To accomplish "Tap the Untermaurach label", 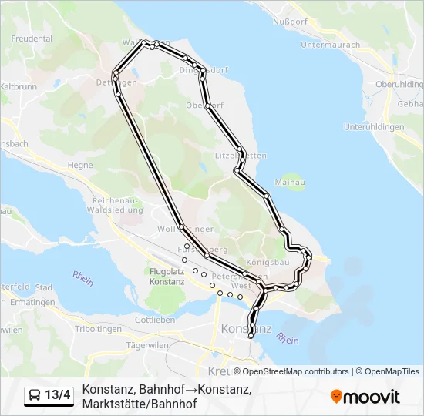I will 330,45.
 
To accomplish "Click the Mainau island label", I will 286,183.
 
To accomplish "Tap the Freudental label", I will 32,38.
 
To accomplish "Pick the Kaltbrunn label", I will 19,87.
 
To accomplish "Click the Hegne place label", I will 80,165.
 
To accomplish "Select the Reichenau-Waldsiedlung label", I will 116,204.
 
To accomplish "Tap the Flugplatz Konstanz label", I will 167,277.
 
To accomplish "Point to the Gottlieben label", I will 151,319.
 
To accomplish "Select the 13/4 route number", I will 58,396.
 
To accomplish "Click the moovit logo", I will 365,397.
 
